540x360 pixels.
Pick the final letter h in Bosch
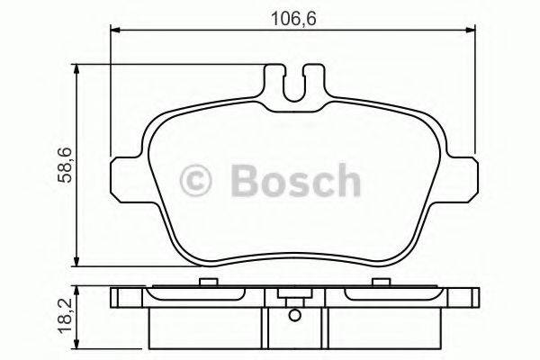point(346,182)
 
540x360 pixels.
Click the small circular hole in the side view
point(295,315)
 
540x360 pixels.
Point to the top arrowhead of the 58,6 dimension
point(80,68)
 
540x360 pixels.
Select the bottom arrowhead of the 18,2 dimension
point(80,346)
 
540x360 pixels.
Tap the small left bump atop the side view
point(206,283)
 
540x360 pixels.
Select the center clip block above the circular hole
point(295,295)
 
